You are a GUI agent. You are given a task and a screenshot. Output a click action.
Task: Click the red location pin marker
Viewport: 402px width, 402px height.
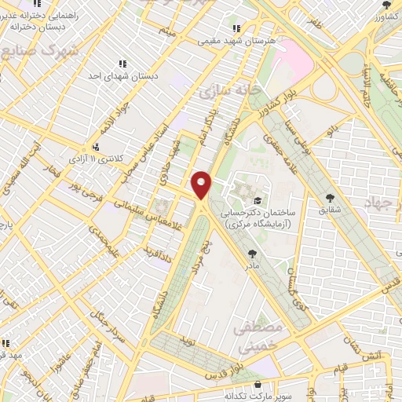pos(202,185)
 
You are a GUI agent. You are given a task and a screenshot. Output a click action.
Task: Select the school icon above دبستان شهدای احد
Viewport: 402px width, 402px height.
pos(122,64)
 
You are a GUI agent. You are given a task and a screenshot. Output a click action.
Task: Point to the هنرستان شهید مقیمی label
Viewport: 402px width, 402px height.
pos(234,39)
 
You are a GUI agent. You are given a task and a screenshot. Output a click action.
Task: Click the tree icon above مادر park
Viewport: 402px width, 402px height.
pos(251,253)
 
